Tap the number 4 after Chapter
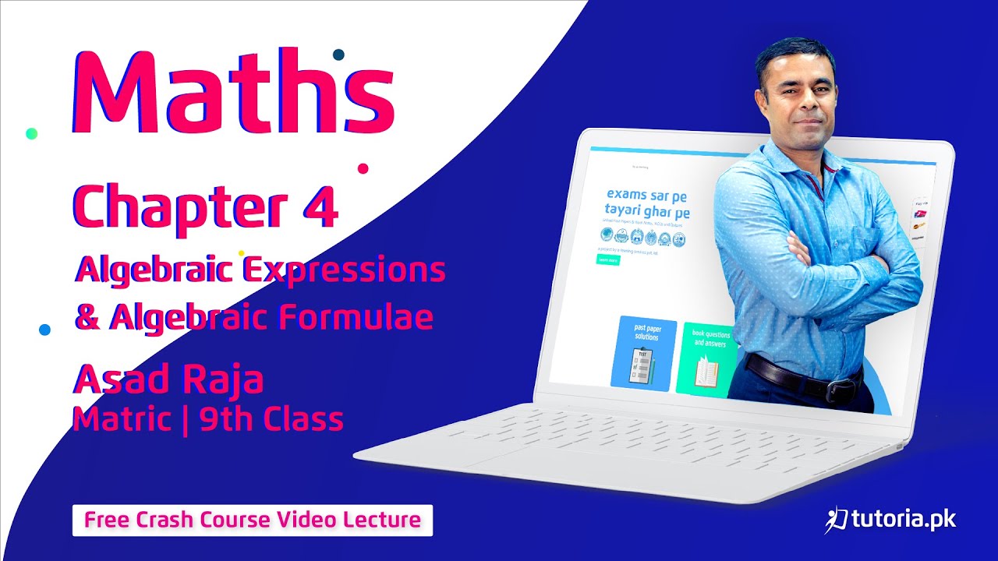tap(320, 207)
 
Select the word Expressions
tap(344, 270)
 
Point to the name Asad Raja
tap(168, 380)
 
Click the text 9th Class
tap(271, 419)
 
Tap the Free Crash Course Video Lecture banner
tap(253, 520)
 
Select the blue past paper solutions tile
tap(642, 353)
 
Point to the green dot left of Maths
tap(31, 133)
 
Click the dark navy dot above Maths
tap(338, 54)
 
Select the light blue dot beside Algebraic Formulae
tap(44, 330)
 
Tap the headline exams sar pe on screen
tap(646, 194)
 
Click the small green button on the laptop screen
tap(607, 260)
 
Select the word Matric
tap(122, 419)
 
